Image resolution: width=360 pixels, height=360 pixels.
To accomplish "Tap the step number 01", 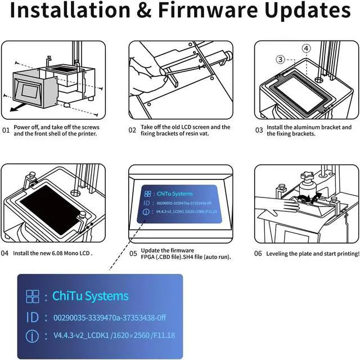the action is click(6, 130).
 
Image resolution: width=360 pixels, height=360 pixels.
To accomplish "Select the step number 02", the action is click(132, 130).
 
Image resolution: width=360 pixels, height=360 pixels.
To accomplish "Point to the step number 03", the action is click(259, 130).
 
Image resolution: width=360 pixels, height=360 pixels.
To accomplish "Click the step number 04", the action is click(5, 253).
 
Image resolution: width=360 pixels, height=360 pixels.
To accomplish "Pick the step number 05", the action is click(133, 254).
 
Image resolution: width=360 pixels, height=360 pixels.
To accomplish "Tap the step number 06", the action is click(258, 254).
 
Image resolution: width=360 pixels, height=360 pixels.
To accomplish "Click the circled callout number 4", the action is click(306, 49).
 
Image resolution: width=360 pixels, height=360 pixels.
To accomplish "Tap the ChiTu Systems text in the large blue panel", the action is click(90, 296).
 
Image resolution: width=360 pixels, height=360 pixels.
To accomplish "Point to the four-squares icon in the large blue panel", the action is click(33, 296).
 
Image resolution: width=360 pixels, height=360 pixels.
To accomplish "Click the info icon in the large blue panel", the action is click(33, 336).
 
